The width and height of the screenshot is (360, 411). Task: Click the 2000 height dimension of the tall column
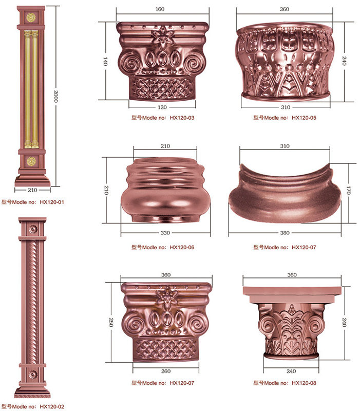56,96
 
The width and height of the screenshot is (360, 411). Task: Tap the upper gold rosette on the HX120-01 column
31,17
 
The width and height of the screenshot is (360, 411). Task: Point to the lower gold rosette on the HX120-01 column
31,161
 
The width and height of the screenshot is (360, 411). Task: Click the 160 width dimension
160,9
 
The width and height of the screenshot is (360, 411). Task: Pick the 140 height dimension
105,61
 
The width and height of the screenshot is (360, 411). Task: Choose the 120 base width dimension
162,107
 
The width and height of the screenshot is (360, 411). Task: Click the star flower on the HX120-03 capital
163,36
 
